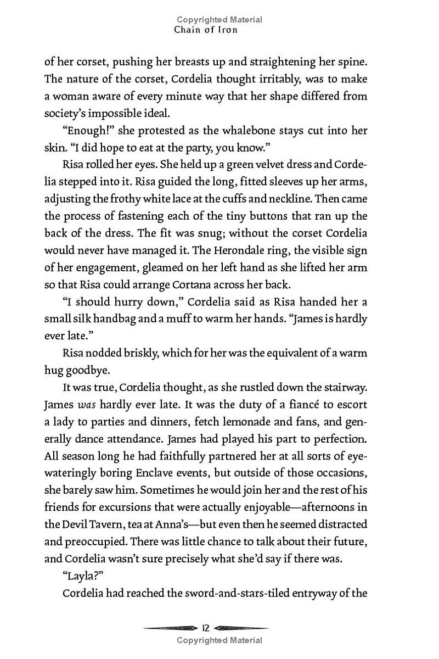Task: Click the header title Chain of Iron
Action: click(206, 30)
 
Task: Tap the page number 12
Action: click(206, 628)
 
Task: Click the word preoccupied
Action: click(96, 541)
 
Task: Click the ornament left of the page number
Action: click(170, 628)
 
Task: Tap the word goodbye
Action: click(82, 370)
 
